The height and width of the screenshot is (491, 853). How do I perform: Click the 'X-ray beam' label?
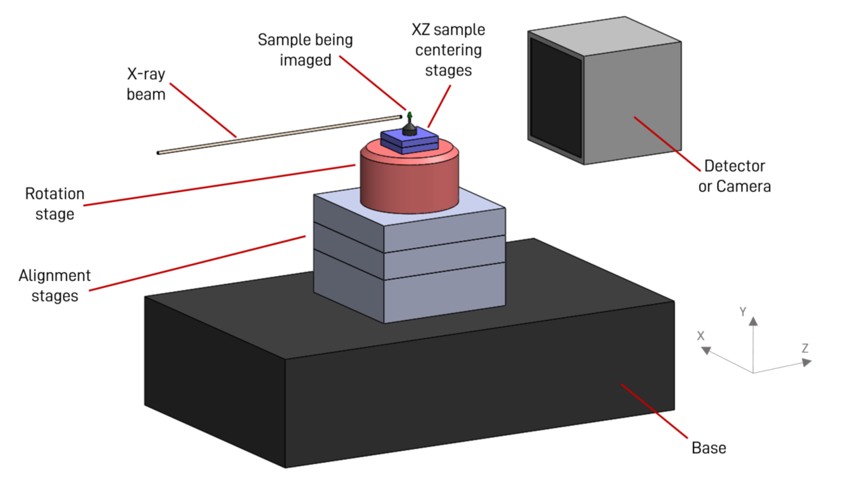(146, 84)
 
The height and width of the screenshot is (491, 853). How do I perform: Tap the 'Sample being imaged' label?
(305, 50)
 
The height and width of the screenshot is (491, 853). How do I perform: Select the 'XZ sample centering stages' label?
(448, 50)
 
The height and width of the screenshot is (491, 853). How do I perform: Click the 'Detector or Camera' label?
(734, 176)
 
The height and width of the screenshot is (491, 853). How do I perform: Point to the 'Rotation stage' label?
(55, 204)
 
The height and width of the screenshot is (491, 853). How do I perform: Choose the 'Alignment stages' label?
(55, 286)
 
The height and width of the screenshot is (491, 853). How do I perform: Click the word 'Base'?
(709, 448)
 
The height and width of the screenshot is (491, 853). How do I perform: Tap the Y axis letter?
(743, 312)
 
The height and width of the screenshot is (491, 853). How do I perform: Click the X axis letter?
(701, 336)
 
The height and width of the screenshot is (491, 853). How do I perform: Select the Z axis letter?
(805, 348)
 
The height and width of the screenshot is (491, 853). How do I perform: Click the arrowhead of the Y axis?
(753, 321)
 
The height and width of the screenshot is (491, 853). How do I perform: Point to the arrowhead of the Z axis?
(806, 362)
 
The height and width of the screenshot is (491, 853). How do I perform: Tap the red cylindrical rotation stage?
(409, 182)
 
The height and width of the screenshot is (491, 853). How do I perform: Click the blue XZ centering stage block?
(409, 143)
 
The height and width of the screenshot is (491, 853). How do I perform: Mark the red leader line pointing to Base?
(654, 411)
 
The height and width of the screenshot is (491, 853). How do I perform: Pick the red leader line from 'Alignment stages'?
(198, 263)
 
